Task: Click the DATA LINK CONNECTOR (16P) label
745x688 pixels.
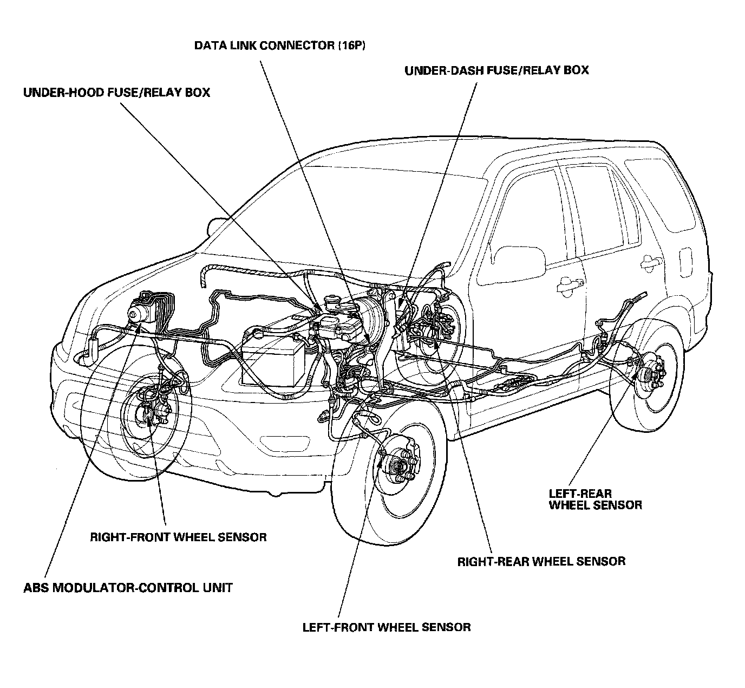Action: pyautogui.click(x=280, y=46)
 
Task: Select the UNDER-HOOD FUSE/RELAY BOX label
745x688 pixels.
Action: pyautogui.click(x=116, y=93)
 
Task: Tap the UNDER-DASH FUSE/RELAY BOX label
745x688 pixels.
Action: pyautogui.click(x=496, y=70)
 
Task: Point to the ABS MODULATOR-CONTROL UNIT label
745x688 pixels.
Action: pyautogui.click(x=128, y=587)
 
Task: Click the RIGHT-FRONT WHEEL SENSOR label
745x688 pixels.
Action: pyautogui.click(x=178, y=537)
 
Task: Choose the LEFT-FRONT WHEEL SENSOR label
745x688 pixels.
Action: pyautogui.click(x=387, y=627)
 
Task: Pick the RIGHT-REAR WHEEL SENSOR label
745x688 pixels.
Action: pyautogui.click(x=541, y=561)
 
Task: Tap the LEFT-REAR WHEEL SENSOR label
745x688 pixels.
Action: pyautogui.click(x=595, y=499)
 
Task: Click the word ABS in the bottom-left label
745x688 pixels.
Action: pyautogui.click(x=35, y=587)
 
